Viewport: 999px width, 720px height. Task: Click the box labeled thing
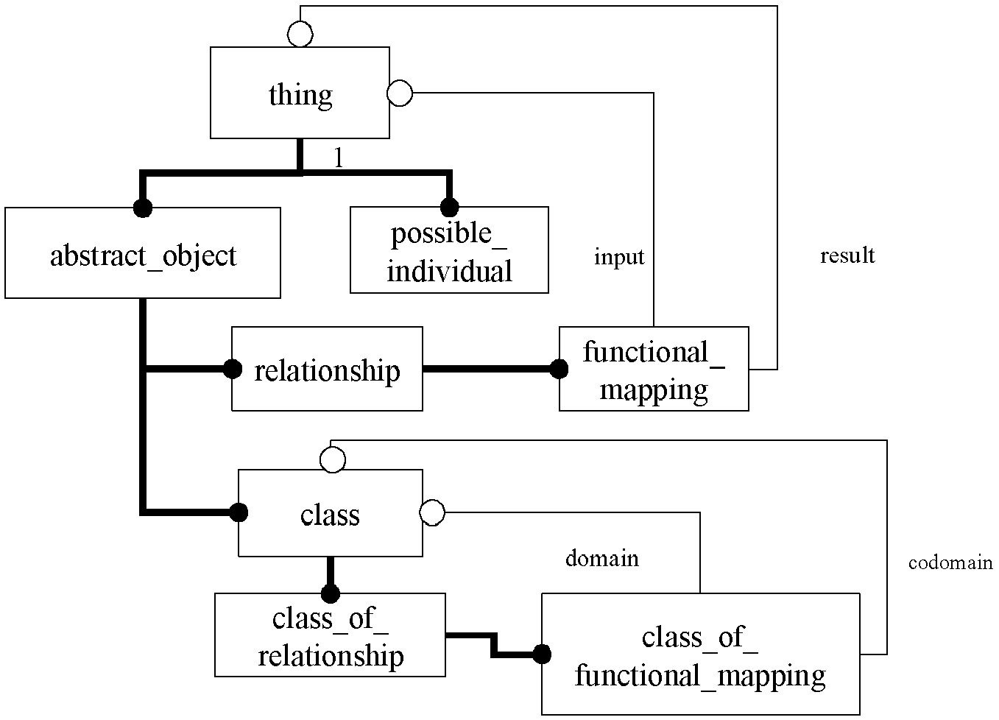pos(300,93)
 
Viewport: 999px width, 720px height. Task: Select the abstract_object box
pos(143,253)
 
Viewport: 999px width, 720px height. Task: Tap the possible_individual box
pos(449,250)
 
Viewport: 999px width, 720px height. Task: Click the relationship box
pos(327,369)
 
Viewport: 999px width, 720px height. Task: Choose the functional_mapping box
pos(654,369)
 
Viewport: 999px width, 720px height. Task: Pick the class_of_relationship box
pos(330,635)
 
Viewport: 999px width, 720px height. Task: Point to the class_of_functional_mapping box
pos(701,654)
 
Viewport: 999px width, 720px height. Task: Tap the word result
pos(847,255)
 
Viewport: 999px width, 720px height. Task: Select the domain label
pos(602,559)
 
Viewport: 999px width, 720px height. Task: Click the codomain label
pos(950,563)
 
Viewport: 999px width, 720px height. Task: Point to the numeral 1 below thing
pos(339,158)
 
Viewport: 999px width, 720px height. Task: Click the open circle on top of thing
pos(300,35)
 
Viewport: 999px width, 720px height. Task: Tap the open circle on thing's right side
pos(400,93)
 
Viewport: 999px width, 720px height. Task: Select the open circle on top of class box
pos(333,460)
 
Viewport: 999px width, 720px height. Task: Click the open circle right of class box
pos(432,512)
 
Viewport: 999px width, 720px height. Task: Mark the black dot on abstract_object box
pos(143,208)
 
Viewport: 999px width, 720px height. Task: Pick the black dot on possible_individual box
pos(449,207)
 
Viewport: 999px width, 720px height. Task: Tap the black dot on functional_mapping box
pos(559,369)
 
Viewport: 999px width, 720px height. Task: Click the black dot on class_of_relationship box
pos(331,594)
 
